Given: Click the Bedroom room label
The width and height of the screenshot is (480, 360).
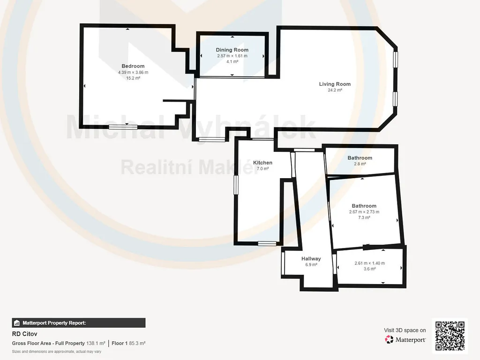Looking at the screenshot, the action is click(x=133, y=66).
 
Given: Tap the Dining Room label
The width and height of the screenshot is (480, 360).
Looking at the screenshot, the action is click(x=232, y=50).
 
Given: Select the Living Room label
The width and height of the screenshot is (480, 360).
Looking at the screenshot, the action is click(x=335, y=84).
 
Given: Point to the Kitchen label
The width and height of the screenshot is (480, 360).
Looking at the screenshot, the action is click(x=262, y=163).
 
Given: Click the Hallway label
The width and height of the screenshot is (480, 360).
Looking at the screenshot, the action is click(x=311, y=259).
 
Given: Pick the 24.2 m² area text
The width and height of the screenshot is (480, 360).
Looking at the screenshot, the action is click(x=335, y=90).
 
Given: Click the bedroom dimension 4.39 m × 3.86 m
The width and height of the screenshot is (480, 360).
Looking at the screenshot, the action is click(x=133, y=73).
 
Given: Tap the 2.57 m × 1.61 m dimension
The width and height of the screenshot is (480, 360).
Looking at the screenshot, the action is click(x=232, y=56).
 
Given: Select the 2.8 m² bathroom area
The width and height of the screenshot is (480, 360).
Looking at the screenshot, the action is click(x=360, y=164).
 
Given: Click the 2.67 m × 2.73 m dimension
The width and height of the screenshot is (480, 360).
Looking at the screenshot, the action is click(x=364, y=212).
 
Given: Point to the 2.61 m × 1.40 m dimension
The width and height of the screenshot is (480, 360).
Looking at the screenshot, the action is click(x=370, y=263).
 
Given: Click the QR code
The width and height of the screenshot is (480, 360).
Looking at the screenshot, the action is click(x=450, y=336).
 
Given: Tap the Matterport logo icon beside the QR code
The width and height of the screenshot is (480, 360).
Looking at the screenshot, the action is click(x=389, y=339).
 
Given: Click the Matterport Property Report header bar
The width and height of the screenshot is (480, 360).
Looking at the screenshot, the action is click(x=79, y=323).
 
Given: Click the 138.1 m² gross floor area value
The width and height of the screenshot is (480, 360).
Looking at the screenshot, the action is click(x=96, y=344).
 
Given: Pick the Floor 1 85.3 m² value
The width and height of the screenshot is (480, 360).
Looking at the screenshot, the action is click(x=128, y=344).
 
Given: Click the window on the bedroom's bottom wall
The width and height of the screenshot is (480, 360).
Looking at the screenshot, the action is click(x=123, y=127).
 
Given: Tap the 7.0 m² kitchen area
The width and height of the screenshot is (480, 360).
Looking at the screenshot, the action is click(x=262, y=169).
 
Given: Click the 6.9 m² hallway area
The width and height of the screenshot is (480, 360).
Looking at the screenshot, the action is click(x=311, y=265).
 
